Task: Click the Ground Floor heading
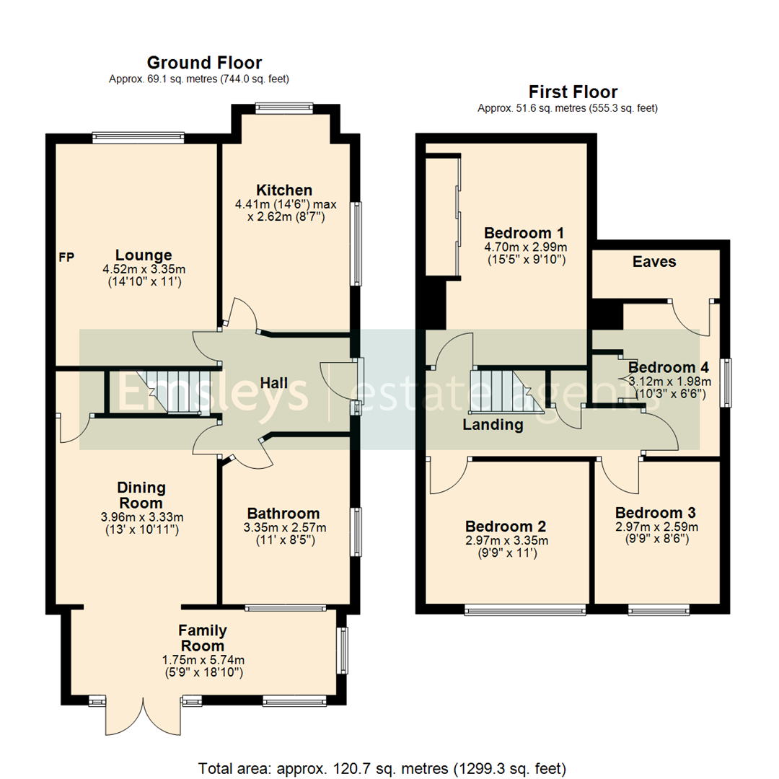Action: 204,63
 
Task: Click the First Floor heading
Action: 573,92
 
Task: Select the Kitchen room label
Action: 285,190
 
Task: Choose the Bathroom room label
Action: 283,513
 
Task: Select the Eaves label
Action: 654,262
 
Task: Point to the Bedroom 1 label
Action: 524,233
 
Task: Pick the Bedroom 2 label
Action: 505,526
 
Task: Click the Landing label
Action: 493,425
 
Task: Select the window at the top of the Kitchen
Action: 284,109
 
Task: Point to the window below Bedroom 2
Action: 525,612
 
